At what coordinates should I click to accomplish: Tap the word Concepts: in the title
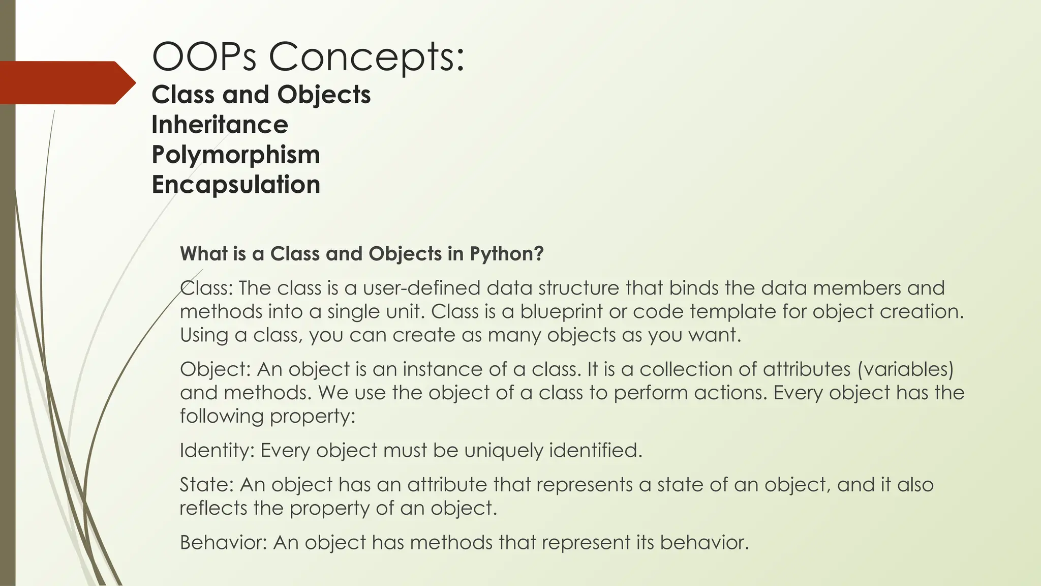[x=366, y=56]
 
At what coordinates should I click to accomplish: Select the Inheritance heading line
[x=220, y=125]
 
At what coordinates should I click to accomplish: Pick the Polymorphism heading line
[x=236, y=155]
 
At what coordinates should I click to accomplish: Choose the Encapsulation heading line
[x=236, y=184]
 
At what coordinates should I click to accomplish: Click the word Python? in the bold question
[x=506, y=254]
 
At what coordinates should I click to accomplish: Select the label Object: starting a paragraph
[x=215, y=369]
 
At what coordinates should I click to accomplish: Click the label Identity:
[x=217, y=451]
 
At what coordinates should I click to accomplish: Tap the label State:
[x=206, y=485]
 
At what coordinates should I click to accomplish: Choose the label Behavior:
[x=223, y=543]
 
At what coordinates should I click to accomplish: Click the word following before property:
[x=222, y=416]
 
